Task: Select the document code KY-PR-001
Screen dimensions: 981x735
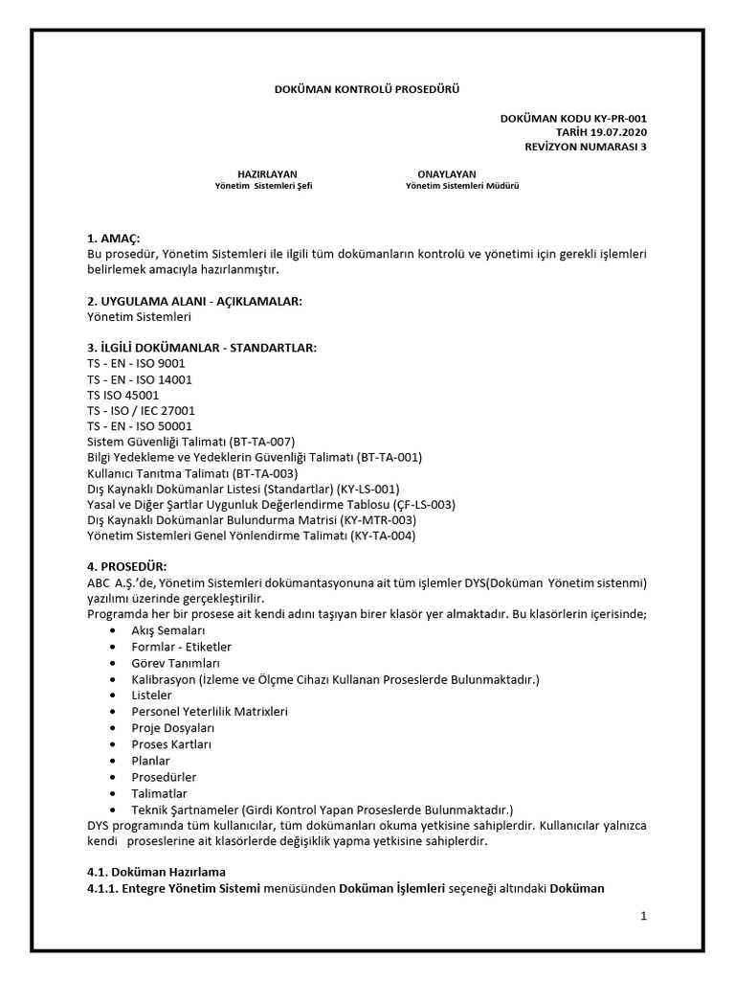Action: pyautogui.click(x=627, y=118)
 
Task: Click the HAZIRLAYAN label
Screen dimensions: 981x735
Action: pyautogui.click(x=261, y=173)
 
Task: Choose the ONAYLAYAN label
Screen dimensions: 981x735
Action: pyautogui.click(x=446, y=173)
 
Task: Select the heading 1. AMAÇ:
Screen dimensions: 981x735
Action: pyautogui.click(x=113, y=238)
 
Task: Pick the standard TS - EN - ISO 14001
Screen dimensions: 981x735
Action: pyautogui.click(x=140, y=379)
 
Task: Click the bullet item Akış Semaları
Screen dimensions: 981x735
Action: pyautogui.click(x=168, y=630)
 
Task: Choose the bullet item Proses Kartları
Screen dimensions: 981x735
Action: pyautogui.click(x=171, y=744)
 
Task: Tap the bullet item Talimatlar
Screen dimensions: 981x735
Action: pyautogui.click(x=159, y=793)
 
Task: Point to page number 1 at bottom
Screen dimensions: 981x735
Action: pyautogui.click(x=644, y=916)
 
